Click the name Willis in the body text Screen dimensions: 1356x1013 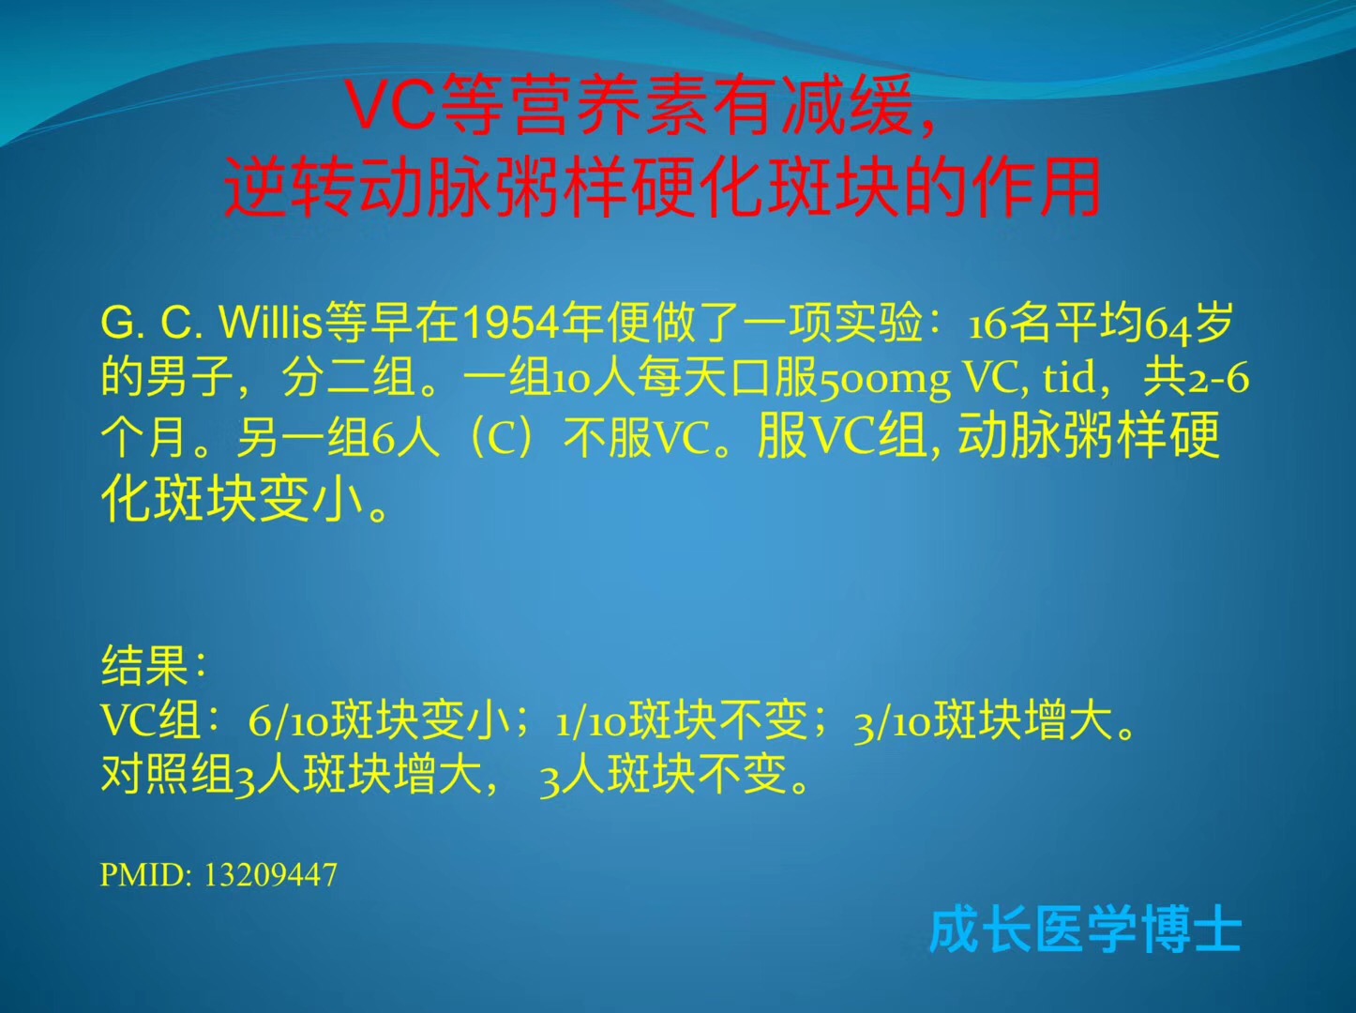point(270,323)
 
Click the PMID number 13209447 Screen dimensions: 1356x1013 point(271,874)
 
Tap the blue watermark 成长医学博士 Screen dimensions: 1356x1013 point(1084,931)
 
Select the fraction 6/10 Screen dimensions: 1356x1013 point(288,721)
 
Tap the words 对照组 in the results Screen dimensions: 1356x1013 point(167,774)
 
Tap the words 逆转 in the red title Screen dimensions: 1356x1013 point(291,187)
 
